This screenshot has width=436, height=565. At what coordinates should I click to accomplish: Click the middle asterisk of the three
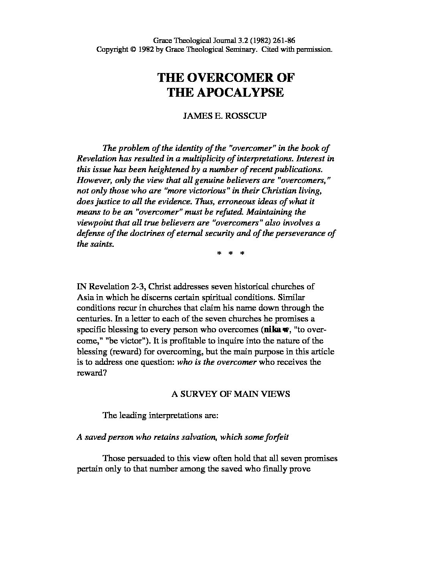click(x=230, y=254)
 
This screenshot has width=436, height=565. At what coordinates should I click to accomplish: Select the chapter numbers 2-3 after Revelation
click(x=139, y=287)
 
